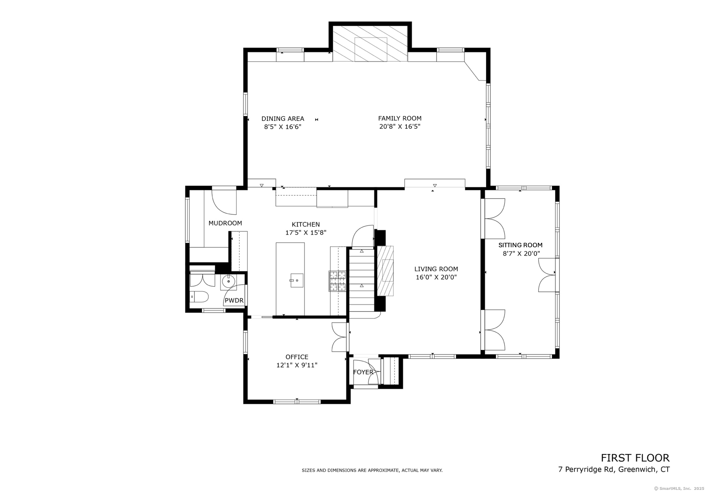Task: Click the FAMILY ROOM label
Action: click(x=400, y=118)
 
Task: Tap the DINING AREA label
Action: click(x=283, y=119)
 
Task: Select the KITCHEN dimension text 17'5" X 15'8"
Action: click(x=306, y=233)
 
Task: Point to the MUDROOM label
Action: click(x=225, y=223)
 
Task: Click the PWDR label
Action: click(x=234, y=300)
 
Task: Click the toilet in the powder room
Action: click(x=199, y=297)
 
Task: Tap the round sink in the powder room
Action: click(x=228, y=281)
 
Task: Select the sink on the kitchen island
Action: click(x=297, y=280)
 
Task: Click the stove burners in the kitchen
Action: click(x=337, y=281)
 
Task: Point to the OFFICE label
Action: click(x=297, y=357)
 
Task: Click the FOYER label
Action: click(x=363, y=372)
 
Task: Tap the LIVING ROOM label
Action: click(x=436, y=269)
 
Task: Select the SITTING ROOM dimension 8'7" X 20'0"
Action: click(x=520, y=253)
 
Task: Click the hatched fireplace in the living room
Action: click(x=385, y=271)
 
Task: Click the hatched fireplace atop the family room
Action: click(x=370, y=43)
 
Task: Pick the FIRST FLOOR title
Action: click(x=635, y=458)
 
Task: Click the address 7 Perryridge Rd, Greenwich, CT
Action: click(x=614, y=469)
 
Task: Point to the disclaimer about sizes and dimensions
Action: click(x=372, y=470)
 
